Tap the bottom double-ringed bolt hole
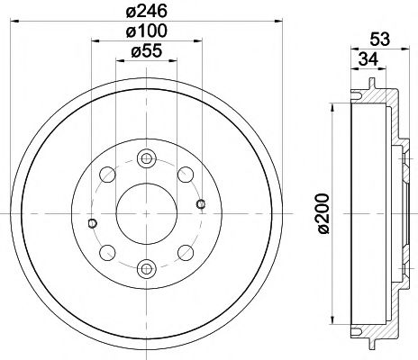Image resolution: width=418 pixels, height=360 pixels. (145, 266)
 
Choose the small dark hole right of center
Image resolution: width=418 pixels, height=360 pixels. (200, 202)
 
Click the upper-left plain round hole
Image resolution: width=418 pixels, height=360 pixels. (106, 174)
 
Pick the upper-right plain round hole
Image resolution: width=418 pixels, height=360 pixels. (184, 174)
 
